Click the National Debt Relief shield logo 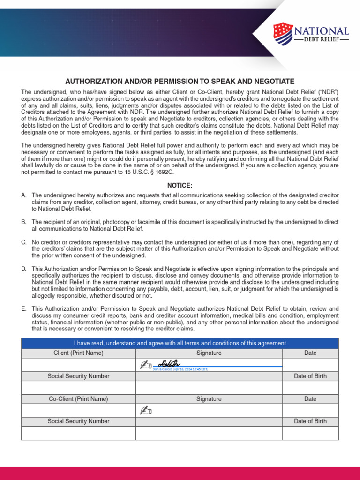coord(283,34)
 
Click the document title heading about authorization coord(180,81)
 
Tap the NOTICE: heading coord(180,186)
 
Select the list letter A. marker coord(24,195)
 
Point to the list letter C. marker coord(24,242)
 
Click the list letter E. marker coord(24,309)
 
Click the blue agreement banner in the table coord(180,343)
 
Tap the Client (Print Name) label coord(78,353)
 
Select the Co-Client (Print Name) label coord(78,399)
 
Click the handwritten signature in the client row coord(169,363)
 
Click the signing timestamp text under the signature coord(180,369)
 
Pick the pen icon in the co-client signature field coord(146,411)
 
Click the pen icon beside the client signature coord(146,365)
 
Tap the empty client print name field coord(78,365)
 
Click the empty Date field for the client coord(310,365)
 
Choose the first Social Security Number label coord(78,376)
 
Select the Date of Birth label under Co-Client coord(310,421)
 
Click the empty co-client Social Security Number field coord(78,433)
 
